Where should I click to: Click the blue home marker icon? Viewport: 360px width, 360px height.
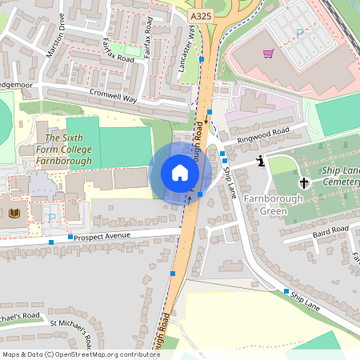pos(180,172)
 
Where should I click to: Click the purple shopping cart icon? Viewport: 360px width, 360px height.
pos(269,54)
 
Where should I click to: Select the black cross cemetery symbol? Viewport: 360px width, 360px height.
pos(304,182)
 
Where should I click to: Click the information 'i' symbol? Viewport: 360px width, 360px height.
pos(261,162)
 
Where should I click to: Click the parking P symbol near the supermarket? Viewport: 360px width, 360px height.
pos(300,34)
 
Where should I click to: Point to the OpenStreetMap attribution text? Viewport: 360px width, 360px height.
pos(81,354)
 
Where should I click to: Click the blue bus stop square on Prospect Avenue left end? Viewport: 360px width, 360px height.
pos(51,241)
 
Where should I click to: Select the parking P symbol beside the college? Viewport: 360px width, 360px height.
pos(51,218)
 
